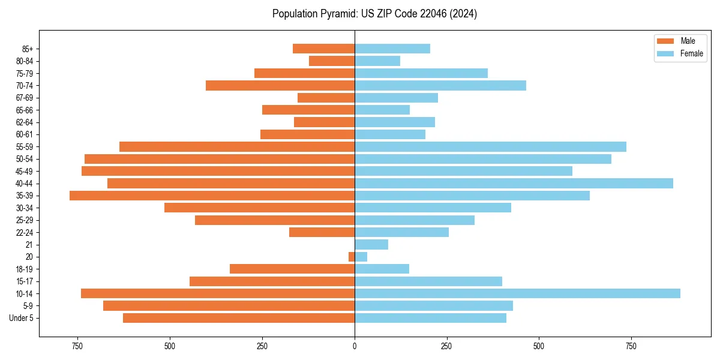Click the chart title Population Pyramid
pos(374,14)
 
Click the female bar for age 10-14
pos(517,293)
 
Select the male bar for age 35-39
pos(212,196)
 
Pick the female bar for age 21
pos(371,244)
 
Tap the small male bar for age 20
pos(352,257)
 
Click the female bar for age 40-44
pos(514,183)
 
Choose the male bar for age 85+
pos(323,49)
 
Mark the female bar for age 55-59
pos(490,146)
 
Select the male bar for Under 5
pos(239,318)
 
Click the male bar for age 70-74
pos(280,85)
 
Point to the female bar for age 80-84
pos(377,61)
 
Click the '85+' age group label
pos(27,49)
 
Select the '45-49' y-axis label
pos(25,171)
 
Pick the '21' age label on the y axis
pos(29,244)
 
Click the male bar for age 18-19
pos(292,269)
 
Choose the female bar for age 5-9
pos(434,305)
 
